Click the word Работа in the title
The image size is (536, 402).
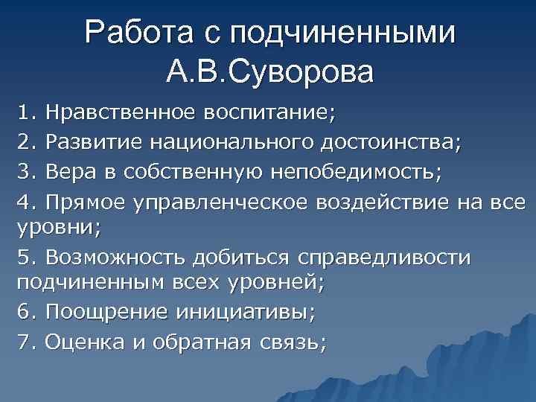point(138,33)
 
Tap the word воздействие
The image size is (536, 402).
point(386,202)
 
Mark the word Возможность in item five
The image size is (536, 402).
point(115,258)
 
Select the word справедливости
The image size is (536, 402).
point(384,258)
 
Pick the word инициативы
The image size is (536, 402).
point(246,313)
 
